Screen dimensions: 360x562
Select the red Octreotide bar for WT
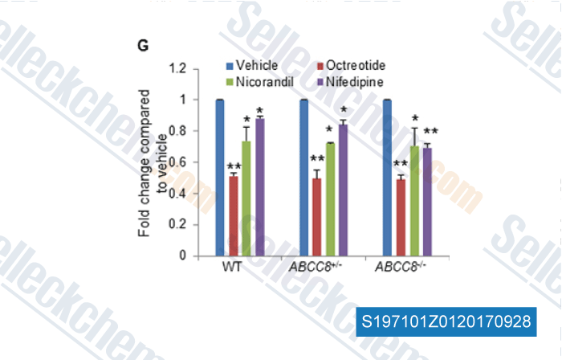click(x=233, y=216)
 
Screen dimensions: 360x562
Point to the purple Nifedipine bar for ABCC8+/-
click(x=344, y=190)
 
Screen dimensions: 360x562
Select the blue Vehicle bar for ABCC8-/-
click(x=387, y=178)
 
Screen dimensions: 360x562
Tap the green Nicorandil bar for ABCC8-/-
click(x=414, y=201)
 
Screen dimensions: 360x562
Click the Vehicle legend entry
click(x=252, y=65)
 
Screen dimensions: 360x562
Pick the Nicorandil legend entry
click(x=260, y=81)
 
